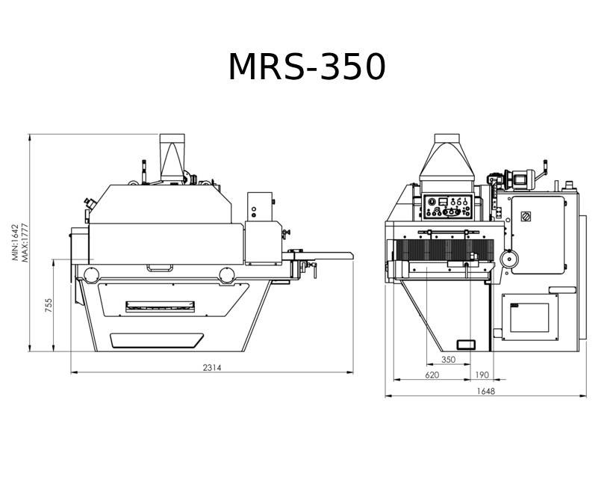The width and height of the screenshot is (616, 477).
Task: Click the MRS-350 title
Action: pyautogui.click(x=307, y=67)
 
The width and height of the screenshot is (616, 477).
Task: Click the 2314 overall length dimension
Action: pyautogui.click(x=212, y=368)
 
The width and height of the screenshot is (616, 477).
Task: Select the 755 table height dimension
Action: pyautogui.click(x=49, y=306)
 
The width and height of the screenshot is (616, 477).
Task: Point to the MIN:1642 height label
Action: pyautogui.click(x=15, y=242)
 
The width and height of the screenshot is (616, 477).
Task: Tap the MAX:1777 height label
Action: pyautogui.click(x=25, y=243)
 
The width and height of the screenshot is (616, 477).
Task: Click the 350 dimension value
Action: pyautogui.click(x=448, y=360)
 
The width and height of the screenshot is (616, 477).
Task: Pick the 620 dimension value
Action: pyautogui.click(x=432, y=375)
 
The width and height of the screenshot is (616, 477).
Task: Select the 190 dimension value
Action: pyautogui.click(x=482, y=375)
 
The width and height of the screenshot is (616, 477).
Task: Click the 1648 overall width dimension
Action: pyautogui.click(x=486, y=391)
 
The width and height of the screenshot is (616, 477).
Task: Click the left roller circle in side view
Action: pyautogui.click(x=91, y=275)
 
